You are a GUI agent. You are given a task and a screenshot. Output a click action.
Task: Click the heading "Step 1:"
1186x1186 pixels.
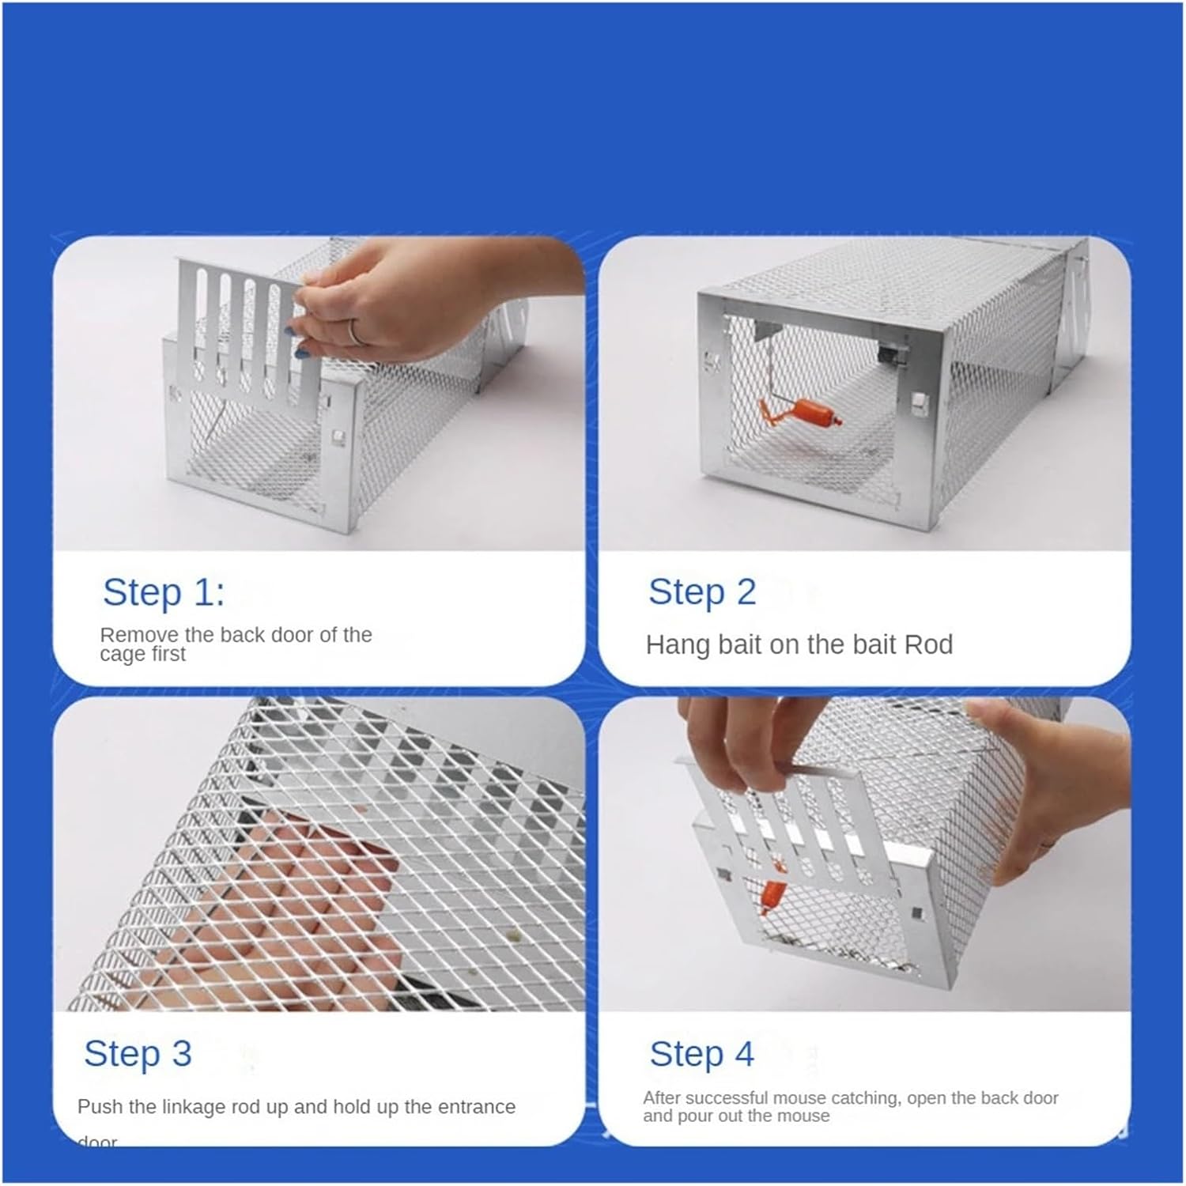point(164,592)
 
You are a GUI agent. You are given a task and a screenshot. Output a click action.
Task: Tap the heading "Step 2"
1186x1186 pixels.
point(701,592)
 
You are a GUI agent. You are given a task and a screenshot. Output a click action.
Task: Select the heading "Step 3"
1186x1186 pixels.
point(138,1053)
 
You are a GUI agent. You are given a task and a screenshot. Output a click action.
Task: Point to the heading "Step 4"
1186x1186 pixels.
point(701,1053)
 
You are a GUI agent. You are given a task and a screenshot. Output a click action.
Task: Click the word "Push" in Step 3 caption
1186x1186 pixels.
point(100,1107)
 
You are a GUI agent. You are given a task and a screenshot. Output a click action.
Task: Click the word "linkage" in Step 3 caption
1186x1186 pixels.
point(193,1107)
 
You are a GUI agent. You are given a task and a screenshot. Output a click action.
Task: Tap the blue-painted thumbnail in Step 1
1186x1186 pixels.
point(300,353)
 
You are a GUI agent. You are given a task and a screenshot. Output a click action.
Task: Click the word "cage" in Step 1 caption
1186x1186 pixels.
point(122,655)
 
